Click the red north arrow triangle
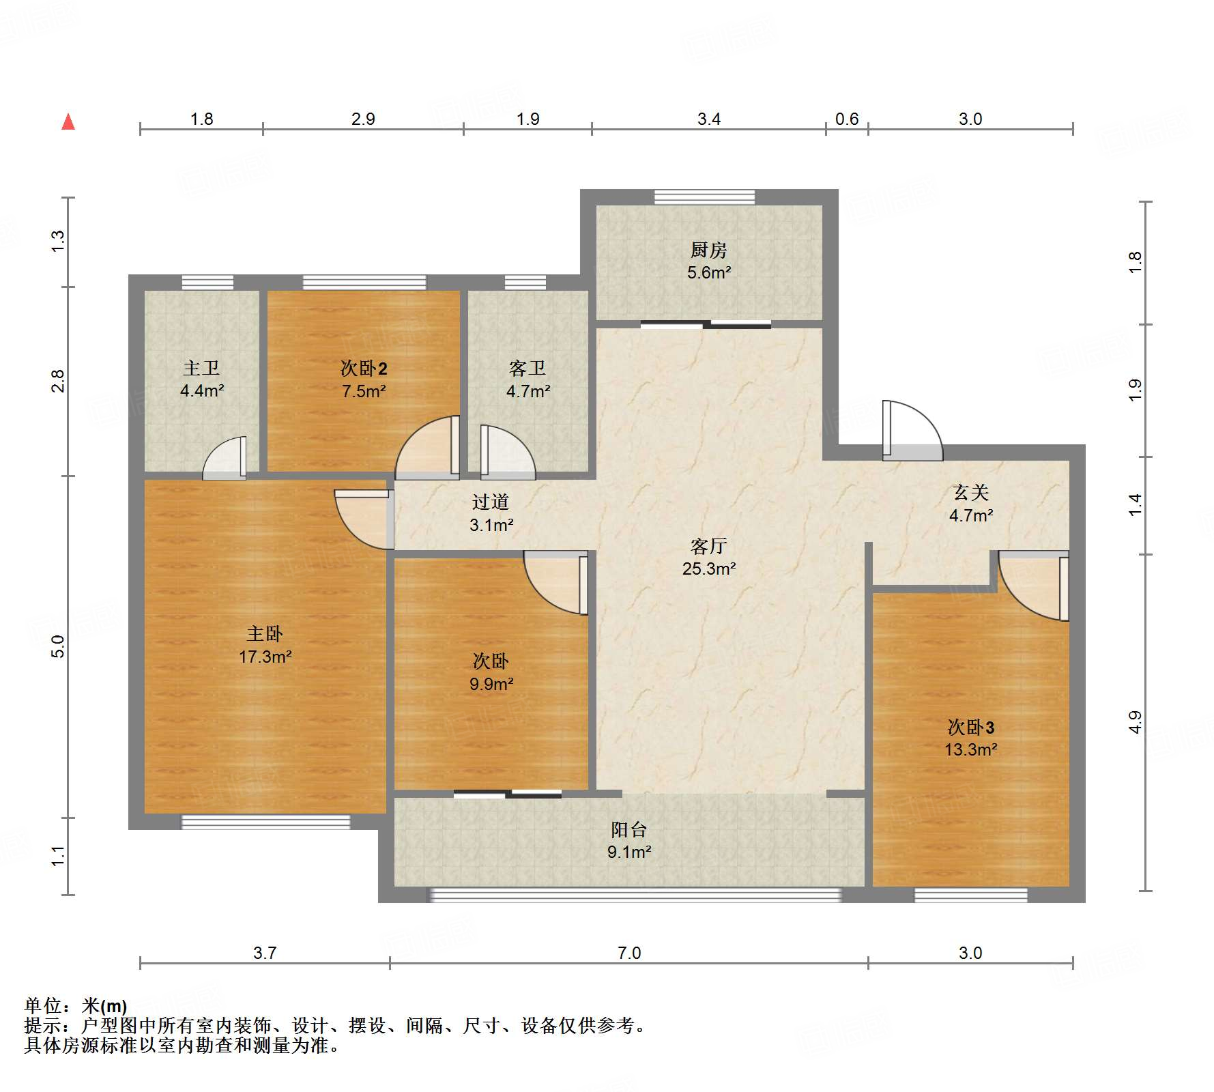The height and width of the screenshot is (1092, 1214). tap(68, 122)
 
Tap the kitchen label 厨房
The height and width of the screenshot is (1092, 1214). tap(708, 250)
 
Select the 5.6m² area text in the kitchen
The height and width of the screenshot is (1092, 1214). tap(708, 273)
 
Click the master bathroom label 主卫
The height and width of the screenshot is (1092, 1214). tap(201, 369)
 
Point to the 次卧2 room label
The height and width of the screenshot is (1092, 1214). tap(364, 369)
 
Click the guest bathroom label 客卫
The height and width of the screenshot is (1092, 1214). tap(527, 369)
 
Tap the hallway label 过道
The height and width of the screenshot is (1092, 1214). tap(491, 502)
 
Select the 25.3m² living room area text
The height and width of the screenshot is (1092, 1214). tap(708, 569)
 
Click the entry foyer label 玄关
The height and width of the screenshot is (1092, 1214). tap(970, 493)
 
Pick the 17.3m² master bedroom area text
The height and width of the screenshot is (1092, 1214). tap(265, 657)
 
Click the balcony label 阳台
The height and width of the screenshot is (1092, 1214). tap(628, 830)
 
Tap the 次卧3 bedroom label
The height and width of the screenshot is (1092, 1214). tap(970, 727)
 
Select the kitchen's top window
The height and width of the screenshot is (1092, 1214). tap(704, 197)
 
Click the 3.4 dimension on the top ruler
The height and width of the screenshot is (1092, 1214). tap(708, 119)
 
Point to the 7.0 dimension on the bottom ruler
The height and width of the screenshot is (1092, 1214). tap(628, 953)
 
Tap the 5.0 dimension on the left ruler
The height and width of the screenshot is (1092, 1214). tap(59, 646)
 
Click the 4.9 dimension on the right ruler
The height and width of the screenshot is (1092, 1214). tap(1134, 722)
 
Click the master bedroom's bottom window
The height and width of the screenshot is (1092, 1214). tap(265, 822)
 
